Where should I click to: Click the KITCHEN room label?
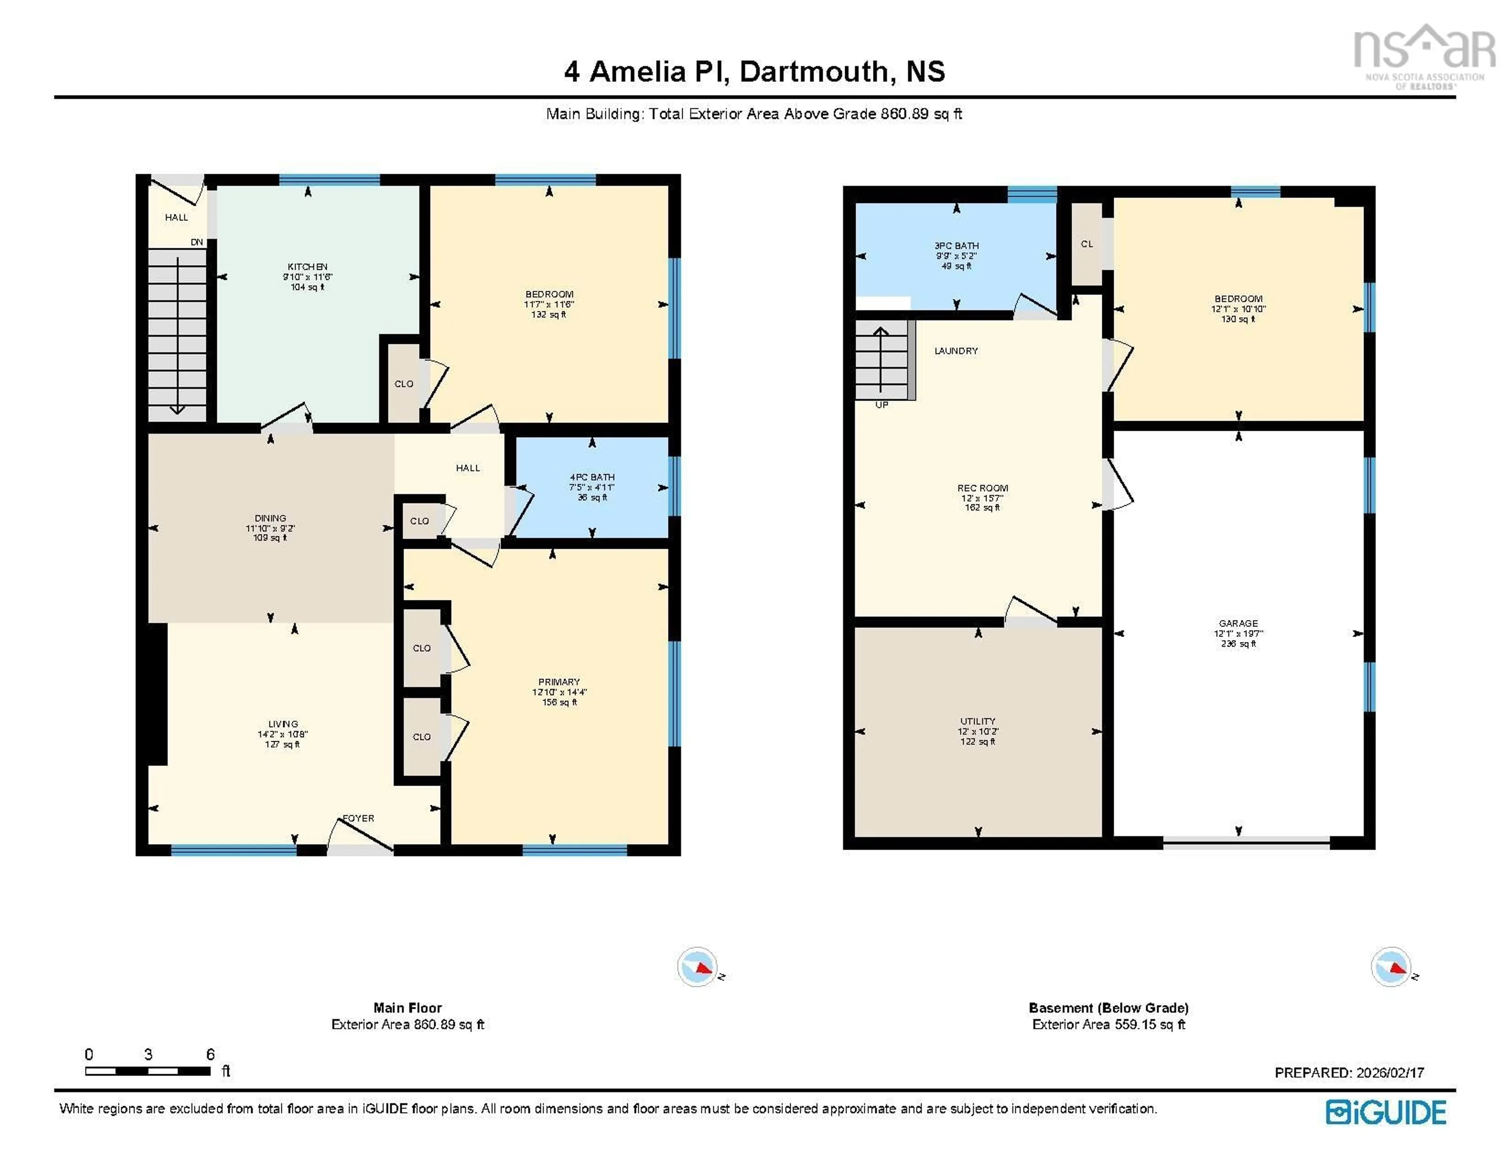click(308, 267)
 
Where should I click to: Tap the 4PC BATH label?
click(592, 477)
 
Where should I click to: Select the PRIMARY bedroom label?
click(559, 681)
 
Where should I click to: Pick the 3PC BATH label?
click(956, 245)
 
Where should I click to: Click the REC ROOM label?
click(982, 488)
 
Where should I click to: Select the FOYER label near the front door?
click(359, 818)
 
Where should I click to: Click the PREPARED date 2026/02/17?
click(1349, 1073)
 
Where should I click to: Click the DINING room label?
click(270, 518)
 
